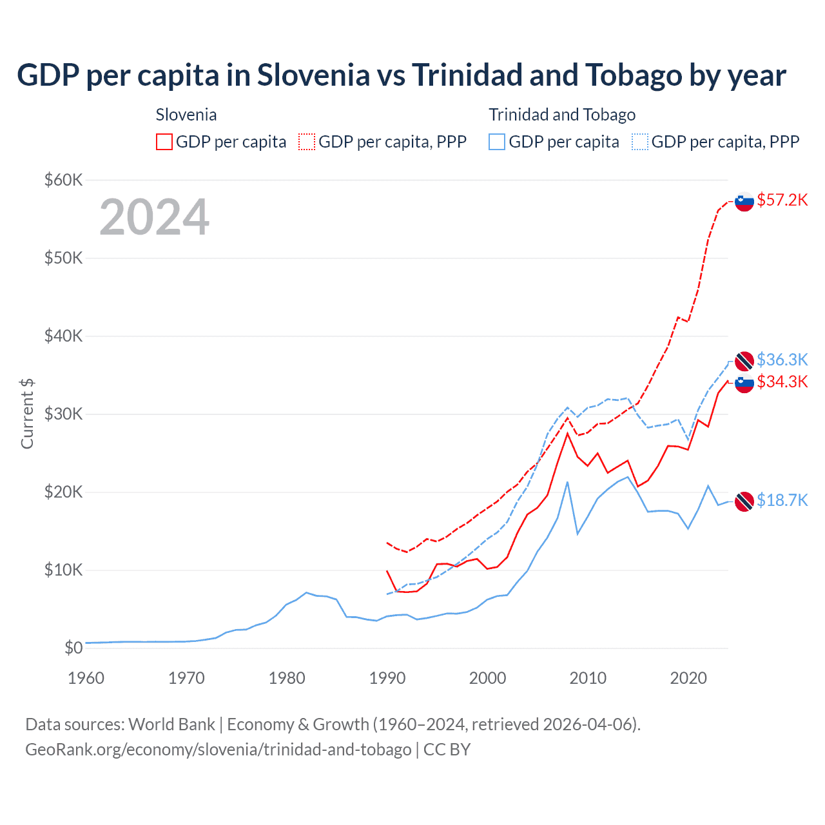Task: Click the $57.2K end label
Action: [x=782, y=200]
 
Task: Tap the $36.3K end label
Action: [x=782, y=360]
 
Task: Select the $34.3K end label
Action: [x=782, y=382]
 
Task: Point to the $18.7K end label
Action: [x=782, y=500]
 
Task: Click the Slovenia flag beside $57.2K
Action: [x=744, y=201]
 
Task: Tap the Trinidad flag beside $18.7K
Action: [x=744, y=501]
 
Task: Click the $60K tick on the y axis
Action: [x=63, y=180]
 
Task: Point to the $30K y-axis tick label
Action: [x=63, y=414]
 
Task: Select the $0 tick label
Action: [x=73, y=648]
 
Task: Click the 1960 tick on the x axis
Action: [x=86, y=678]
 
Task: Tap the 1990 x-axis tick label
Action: [x=387, y=678]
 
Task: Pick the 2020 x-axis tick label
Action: [x=688, y=678]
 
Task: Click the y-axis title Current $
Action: [x=27, y=414]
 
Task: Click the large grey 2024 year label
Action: [x=154, y=217]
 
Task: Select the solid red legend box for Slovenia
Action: [x=164, y=142]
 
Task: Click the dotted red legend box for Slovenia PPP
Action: [x=307, y=142]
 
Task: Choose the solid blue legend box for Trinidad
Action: [x=497, y=142]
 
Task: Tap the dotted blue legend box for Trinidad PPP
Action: [x=640, y=142]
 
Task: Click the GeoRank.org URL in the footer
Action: [x=218, y=750]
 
